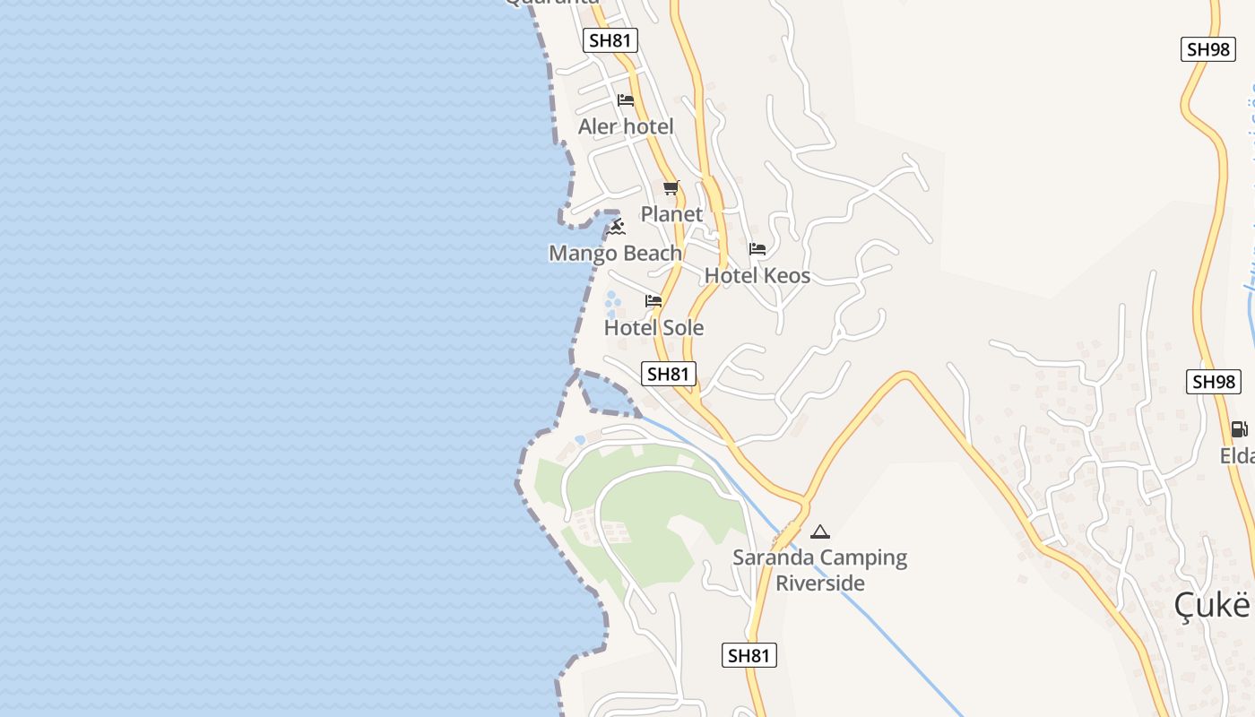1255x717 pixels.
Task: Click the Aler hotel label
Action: point(626,127)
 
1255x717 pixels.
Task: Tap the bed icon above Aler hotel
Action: point(626,100)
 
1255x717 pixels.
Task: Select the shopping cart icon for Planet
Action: point(671,188)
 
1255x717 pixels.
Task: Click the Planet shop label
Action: point(671,214)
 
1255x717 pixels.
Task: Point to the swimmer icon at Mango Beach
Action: point(615,228)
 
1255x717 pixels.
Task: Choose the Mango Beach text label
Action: point(615,254)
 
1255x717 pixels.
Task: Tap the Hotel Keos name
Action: point(757,276)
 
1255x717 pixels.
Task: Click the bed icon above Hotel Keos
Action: point(757,249)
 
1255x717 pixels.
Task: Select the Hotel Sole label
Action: point(653,328)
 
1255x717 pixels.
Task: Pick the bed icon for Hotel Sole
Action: point(653,301)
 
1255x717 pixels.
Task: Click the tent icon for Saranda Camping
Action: point(819,531)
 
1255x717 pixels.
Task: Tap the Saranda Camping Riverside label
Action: point(819,570)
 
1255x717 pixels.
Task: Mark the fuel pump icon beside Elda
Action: point(1239,429)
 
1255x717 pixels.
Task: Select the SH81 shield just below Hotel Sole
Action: point(669,374)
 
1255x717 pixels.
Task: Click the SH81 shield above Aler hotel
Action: point(610,40)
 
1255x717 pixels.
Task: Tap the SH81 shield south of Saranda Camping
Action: point(749,655)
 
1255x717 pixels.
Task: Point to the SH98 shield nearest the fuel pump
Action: point(1214,382)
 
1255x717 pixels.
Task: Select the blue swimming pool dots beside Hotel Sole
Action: point(612,304)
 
